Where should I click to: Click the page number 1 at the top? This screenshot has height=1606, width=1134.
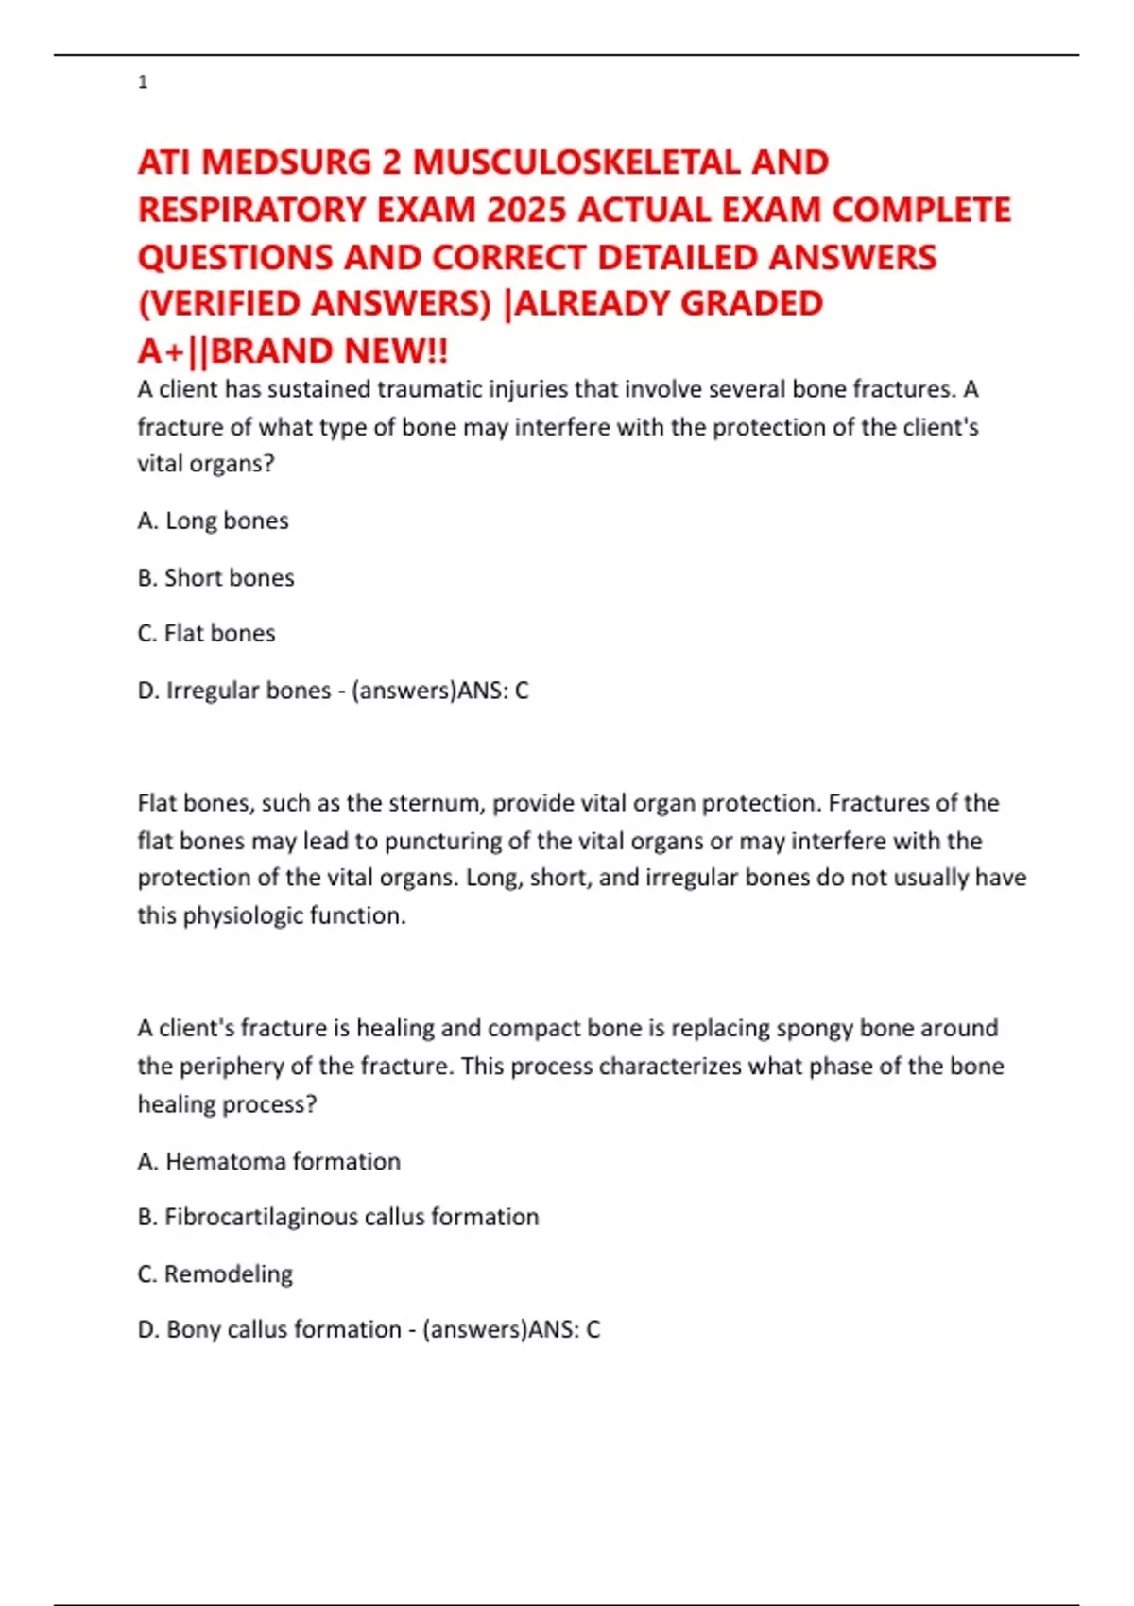143,82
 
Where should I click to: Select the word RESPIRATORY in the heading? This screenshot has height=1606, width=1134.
252,210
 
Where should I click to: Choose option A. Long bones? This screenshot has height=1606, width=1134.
214,521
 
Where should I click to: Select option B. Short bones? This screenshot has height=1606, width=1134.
216,577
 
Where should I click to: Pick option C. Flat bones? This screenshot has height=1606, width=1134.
207,633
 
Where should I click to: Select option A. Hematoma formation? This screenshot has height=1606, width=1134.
269,1161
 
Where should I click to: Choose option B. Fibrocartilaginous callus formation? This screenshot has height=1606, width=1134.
338,1217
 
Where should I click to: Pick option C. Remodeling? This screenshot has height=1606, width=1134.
215,1273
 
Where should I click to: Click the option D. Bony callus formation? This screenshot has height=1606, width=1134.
269,1329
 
